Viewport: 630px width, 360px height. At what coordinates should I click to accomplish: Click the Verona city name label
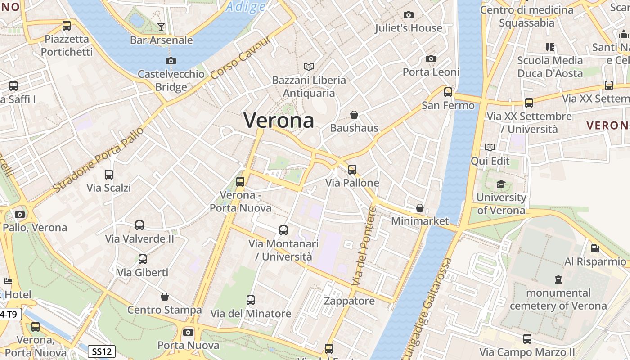pyautogui.click(x=279, y=120)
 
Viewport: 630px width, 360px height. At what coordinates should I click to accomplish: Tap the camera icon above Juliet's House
pyautogui.click(x=409, y=15)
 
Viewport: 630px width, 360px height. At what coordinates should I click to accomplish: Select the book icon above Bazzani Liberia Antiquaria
pyautogui.click(x=308, y=67)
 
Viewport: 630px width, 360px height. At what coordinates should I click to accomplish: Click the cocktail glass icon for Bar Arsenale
pyautogui.click(x=161, y=27)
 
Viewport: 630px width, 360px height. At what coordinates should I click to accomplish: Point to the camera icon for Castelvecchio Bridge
pyautogui.click(x=171, y=61)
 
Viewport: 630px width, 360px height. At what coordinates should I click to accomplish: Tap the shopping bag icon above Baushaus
pyautogui.click(x=354, y=115)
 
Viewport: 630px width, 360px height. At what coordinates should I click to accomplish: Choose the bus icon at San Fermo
pyautogui.click(x=448, y=92)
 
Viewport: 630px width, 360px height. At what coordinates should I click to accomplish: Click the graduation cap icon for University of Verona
pyautogui.click(x=501, y=184)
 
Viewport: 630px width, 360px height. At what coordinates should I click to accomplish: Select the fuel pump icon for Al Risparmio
pyautogui.click(x=595, y=248)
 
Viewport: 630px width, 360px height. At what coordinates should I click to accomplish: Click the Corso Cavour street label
pyautogui.click(x=240, y=57)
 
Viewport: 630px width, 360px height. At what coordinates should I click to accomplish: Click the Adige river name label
pyautogui.click(x=246, y=7)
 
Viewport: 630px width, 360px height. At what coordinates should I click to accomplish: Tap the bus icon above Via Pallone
pyautogui.click(x=352, y=170)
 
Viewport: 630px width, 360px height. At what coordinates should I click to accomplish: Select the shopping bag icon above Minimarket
pyautogui.click(x=420, y=208)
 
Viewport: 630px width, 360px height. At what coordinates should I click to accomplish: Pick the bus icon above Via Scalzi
pyautogui.click(x=109, y=175)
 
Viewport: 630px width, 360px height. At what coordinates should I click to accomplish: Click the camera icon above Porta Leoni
pyautogui.click(x=431, y=59)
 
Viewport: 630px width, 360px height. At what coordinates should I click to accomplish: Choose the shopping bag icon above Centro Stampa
pyautogui.click(x=165, y=297)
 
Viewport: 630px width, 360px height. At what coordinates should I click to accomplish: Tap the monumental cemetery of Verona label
pyautogui.click(x=558, y=299)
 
